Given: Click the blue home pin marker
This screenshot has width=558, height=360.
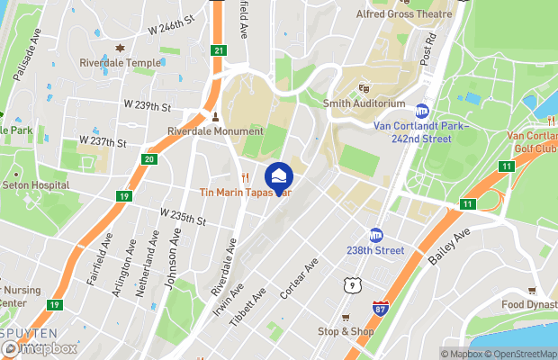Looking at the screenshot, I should coord(279,175).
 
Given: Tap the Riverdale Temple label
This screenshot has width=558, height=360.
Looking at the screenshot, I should coord(120,63).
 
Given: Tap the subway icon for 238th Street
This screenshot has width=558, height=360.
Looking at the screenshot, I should coord(377,234).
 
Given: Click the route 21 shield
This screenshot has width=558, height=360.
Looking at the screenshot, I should coord(218,50).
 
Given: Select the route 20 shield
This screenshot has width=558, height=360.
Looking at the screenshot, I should coord(149,159).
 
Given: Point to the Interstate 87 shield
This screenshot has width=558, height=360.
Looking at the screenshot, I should coord(381,308).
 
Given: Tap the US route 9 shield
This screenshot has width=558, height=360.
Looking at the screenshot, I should coord(350,284).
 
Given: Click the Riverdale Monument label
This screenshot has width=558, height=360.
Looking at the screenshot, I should coord(215,130).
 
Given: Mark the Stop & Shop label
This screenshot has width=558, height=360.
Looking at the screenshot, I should coord(346,331).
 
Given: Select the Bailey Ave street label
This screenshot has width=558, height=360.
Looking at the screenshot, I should coord(450,246).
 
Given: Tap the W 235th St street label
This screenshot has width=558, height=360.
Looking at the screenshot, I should coord(184,217).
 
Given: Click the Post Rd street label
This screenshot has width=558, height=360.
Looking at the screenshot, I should coord(428,55).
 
